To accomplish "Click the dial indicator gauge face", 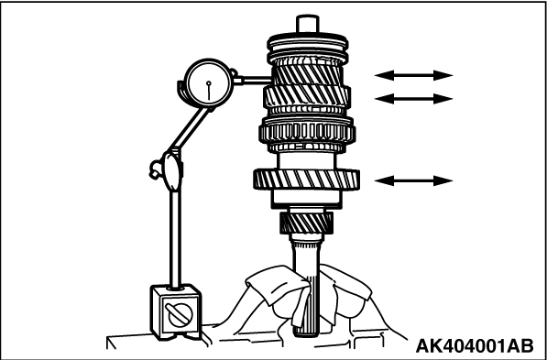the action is [208, 83].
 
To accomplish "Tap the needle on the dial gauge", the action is [209, 91].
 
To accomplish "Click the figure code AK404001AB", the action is [475, 345].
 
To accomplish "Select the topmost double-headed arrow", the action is [413, 75].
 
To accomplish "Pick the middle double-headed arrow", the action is [413, 99].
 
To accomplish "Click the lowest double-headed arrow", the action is [413, 180].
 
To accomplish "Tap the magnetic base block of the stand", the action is [176, 312].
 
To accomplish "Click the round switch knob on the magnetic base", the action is [180, 314].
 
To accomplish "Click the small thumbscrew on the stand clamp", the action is [156, 169].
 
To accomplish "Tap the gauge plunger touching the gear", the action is [253, 81].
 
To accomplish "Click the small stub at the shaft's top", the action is [307, 24].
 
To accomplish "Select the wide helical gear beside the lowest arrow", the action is [306, 180].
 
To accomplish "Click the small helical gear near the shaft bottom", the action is [306, 224].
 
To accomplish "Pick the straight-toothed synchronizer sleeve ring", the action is [307, 132].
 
